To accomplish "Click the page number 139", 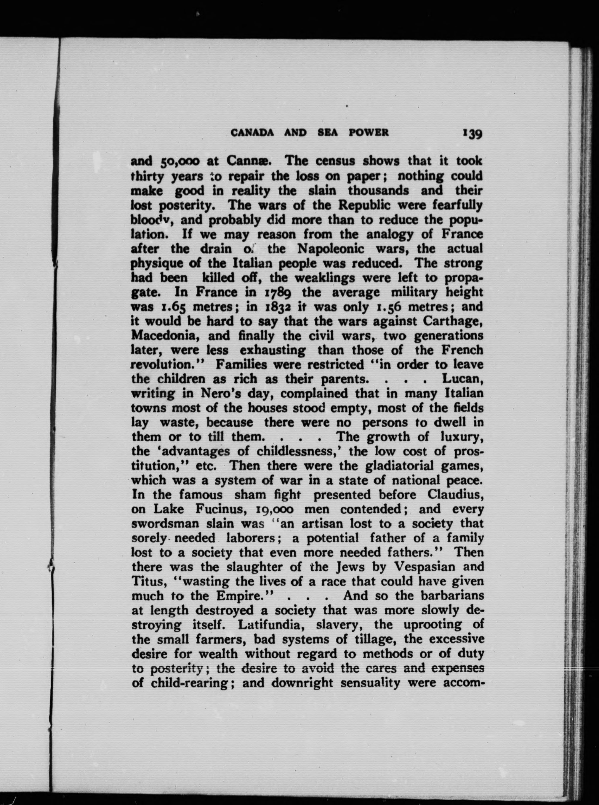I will tap(471, 134).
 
